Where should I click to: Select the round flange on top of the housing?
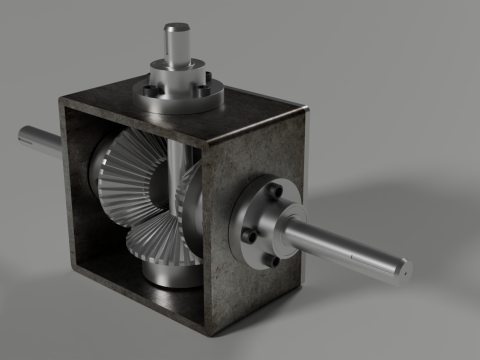click(177, 92)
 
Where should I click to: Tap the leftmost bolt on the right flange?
click(247, 237)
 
